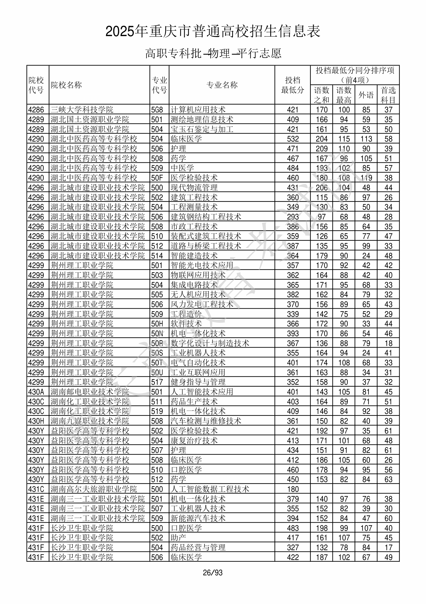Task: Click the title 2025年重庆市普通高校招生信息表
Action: (213, 31)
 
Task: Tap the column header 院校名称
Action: (66, 85)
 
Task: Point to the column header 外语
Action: (366, 95)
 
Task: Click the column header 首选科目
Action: (388, 95)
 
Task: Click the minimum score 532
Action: (293, 139)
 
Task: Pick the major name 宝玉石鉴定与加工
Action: (202, 129)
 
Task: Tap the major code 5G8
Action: (157, 110)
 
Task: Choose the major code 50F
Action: (157, 178)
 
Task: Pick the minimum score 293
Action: (293, 217)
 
